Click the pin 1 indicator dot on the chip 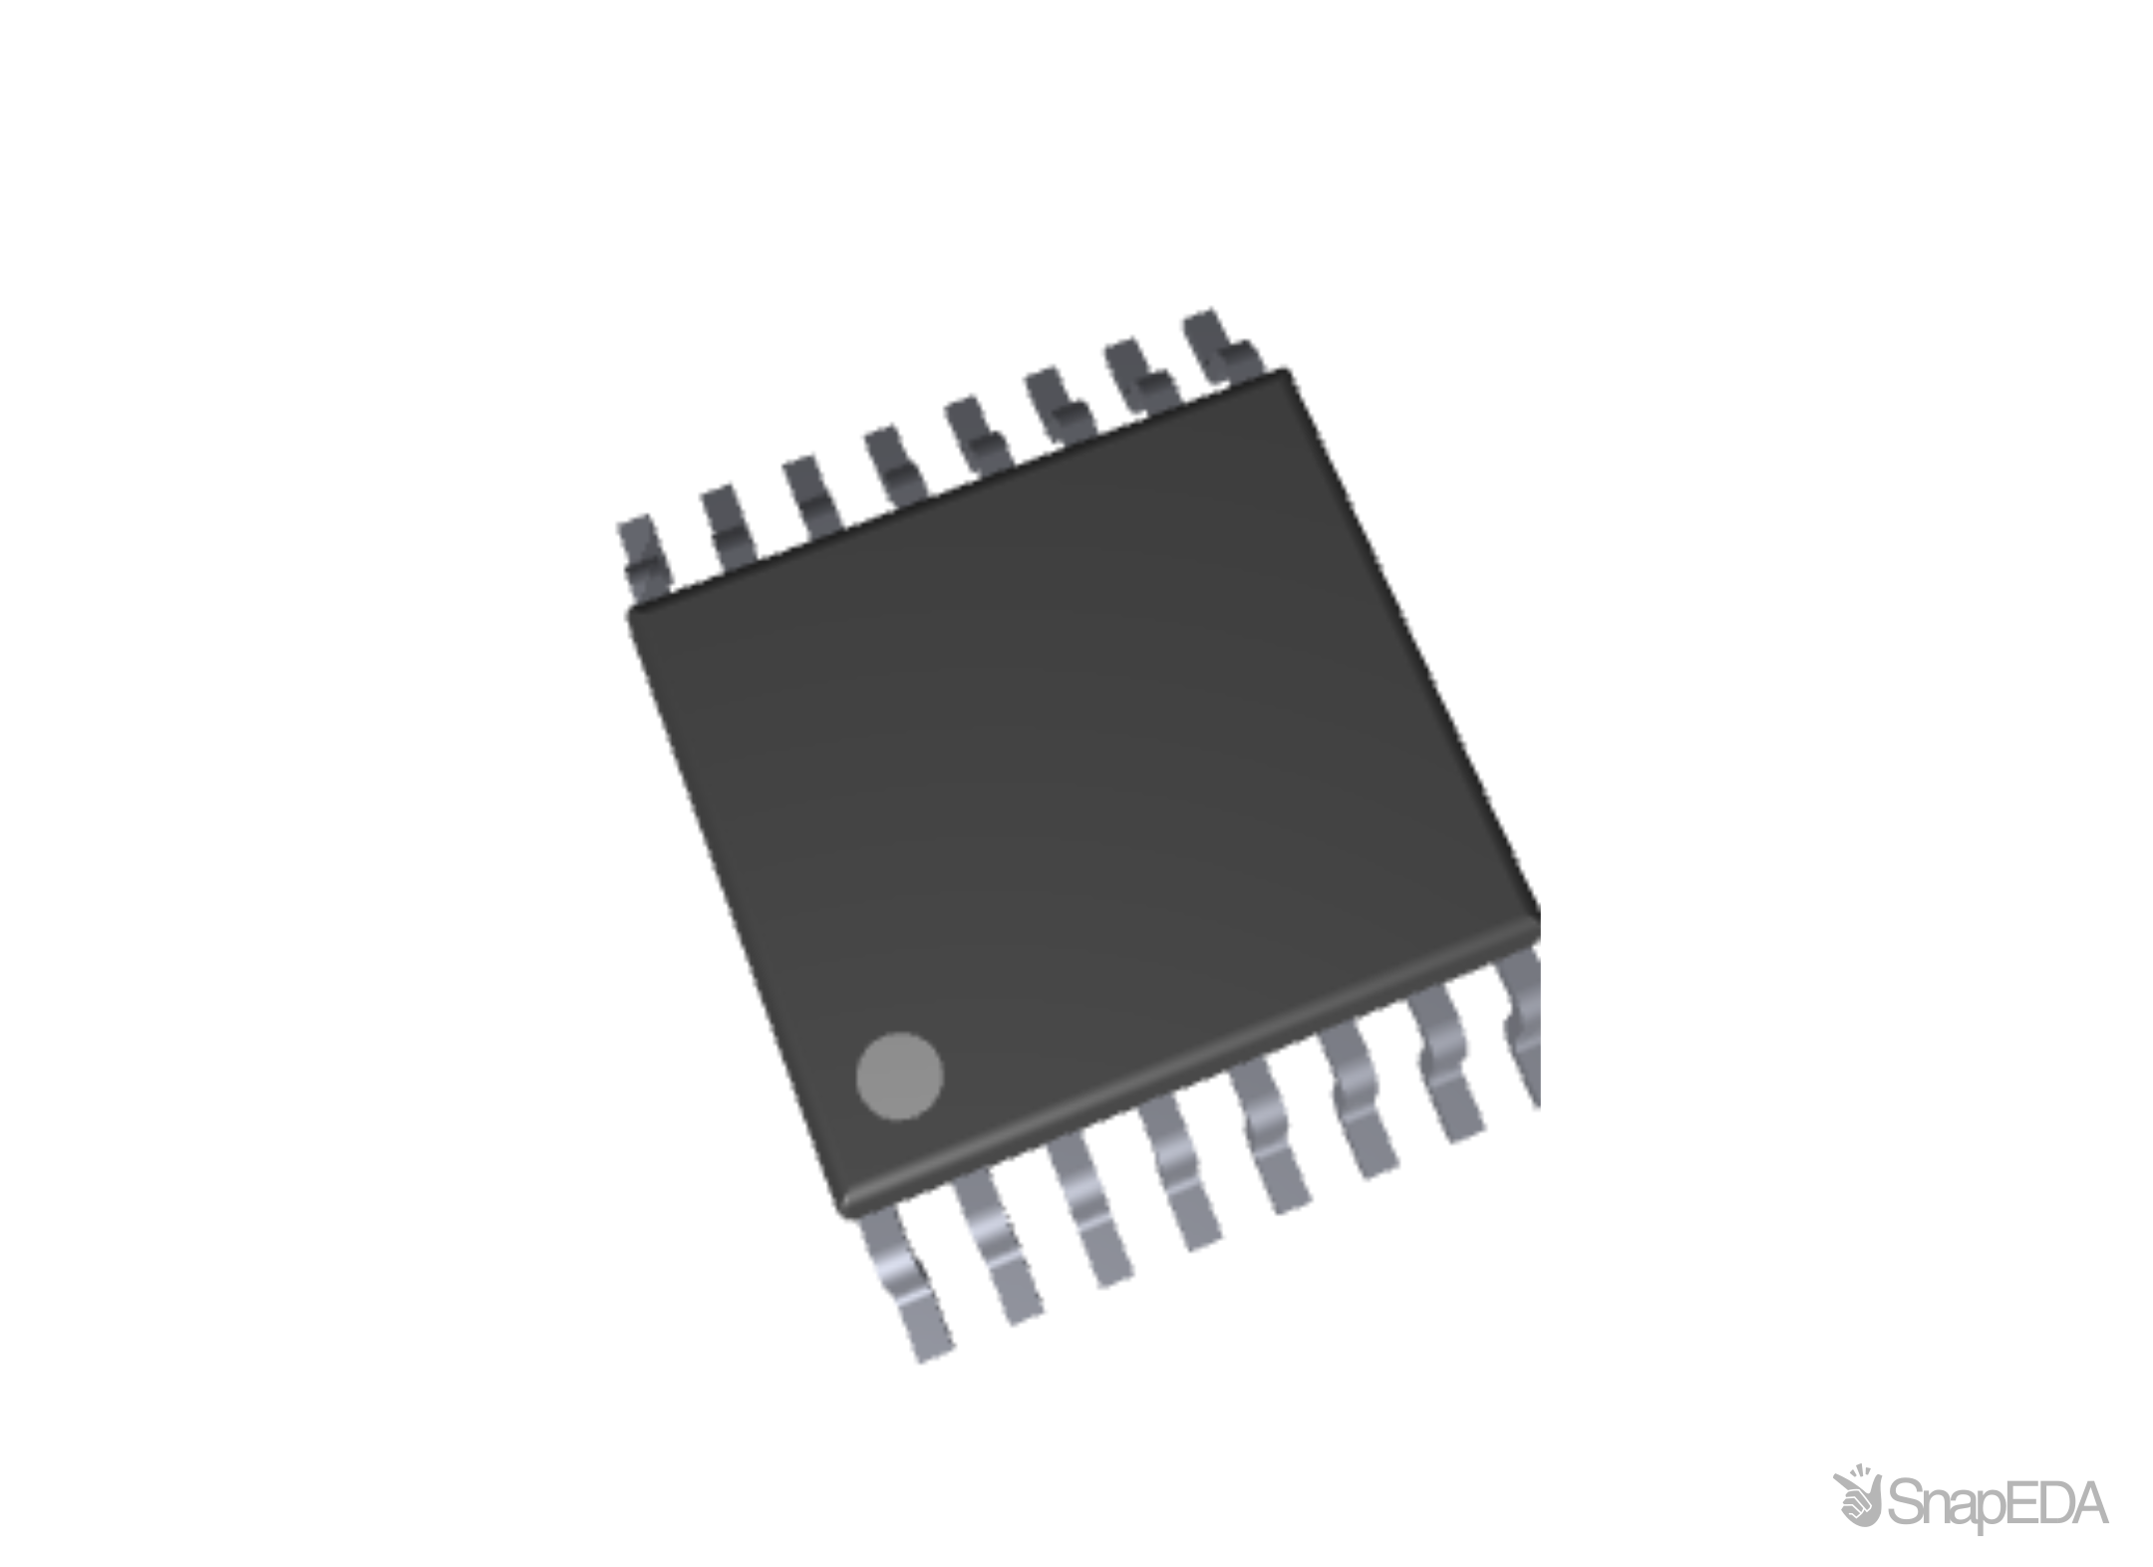point(899,1076)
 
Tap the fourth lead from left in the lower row point(1184,1173)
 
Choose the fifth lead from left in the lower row point(1272,1136)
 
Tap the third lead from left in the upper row point(812,494)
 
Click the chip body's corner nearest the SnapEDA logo point(1535,922)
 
